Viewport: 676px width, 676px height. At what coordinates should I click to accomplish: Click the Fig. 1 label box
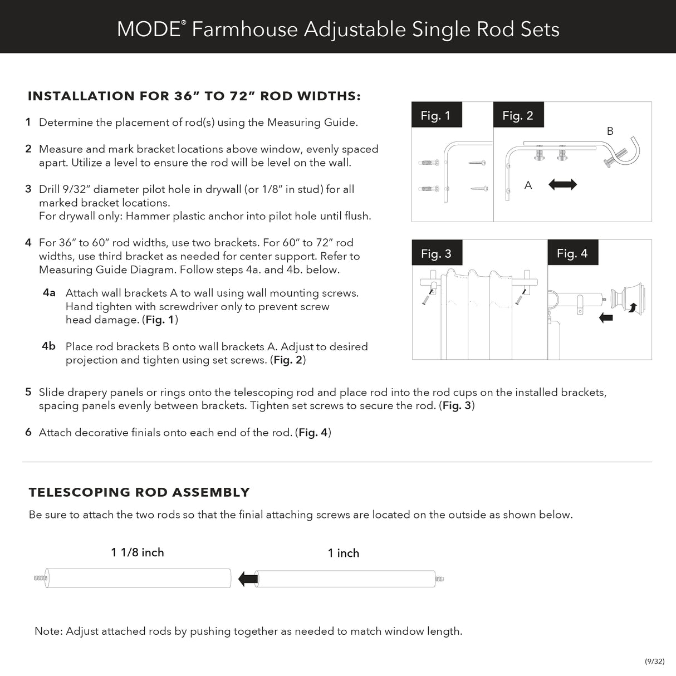(435, 115)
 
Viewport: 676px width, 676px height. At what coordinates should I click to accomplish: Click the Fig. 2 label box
(517, 115)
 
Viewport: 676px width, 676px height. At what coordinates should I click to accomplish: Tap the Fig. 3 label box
(436, 253)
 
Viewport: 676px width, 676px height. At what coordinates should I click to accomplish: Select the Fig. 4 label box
(572, 253)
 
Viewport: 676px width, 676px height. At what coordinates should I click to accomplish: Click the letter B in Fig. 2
(610, 131)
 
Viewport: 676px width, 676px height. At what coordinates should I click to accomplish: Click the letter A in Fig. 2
(528, 185)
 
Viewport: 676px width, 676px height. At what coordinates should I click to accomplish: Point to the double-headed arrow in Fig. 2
(562, 184)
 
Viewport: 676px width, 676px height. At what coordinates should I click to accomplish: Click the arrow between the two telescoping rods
(247, 579)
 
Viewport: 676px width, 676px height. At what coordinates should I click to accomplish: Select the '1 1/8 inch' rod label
(138, 552)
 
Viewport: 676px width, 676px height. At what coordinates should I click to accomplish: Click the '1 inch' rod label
(343, 553)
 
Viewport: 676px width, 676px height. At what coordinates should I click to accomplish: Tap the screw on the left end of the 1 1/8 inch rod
(40, 579)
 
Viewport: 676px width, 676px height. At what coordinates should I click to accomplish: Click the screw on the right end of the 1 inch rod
(439, 579)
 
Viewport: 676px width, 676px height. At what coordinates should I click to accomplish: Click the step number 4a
(49, 292)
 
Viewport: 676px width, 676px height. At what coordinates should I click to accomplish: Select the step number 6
(28, 432)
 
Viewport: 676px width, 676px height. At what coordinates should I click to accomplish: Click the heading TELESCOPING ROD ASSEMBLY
(139, 492)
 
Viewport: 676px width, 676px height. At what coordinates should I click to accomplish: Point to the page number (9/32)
(654, 661)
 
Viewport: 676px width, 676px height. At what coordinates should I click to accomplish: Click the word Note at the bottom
(48, 631)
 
